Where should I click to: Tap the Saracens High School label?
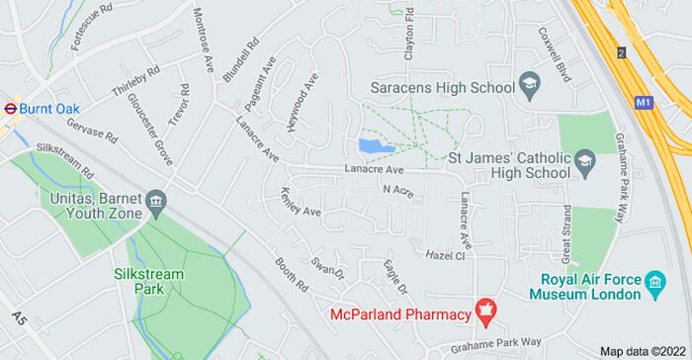(442, 87)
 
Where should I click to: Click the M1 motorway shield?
(646, 101)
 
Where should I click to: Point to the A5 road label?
(19, 318)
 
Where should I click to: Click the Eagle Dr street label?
(394, 276)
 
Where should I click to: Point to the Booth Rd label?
(292, 273)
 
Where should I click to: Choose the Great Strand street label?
(566, 233)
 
